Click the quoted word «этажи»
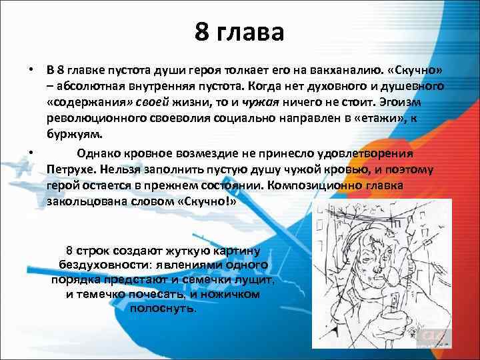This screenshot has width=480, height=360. [394, 119]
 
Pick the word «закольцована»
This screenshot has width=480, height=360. [86, 201]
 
